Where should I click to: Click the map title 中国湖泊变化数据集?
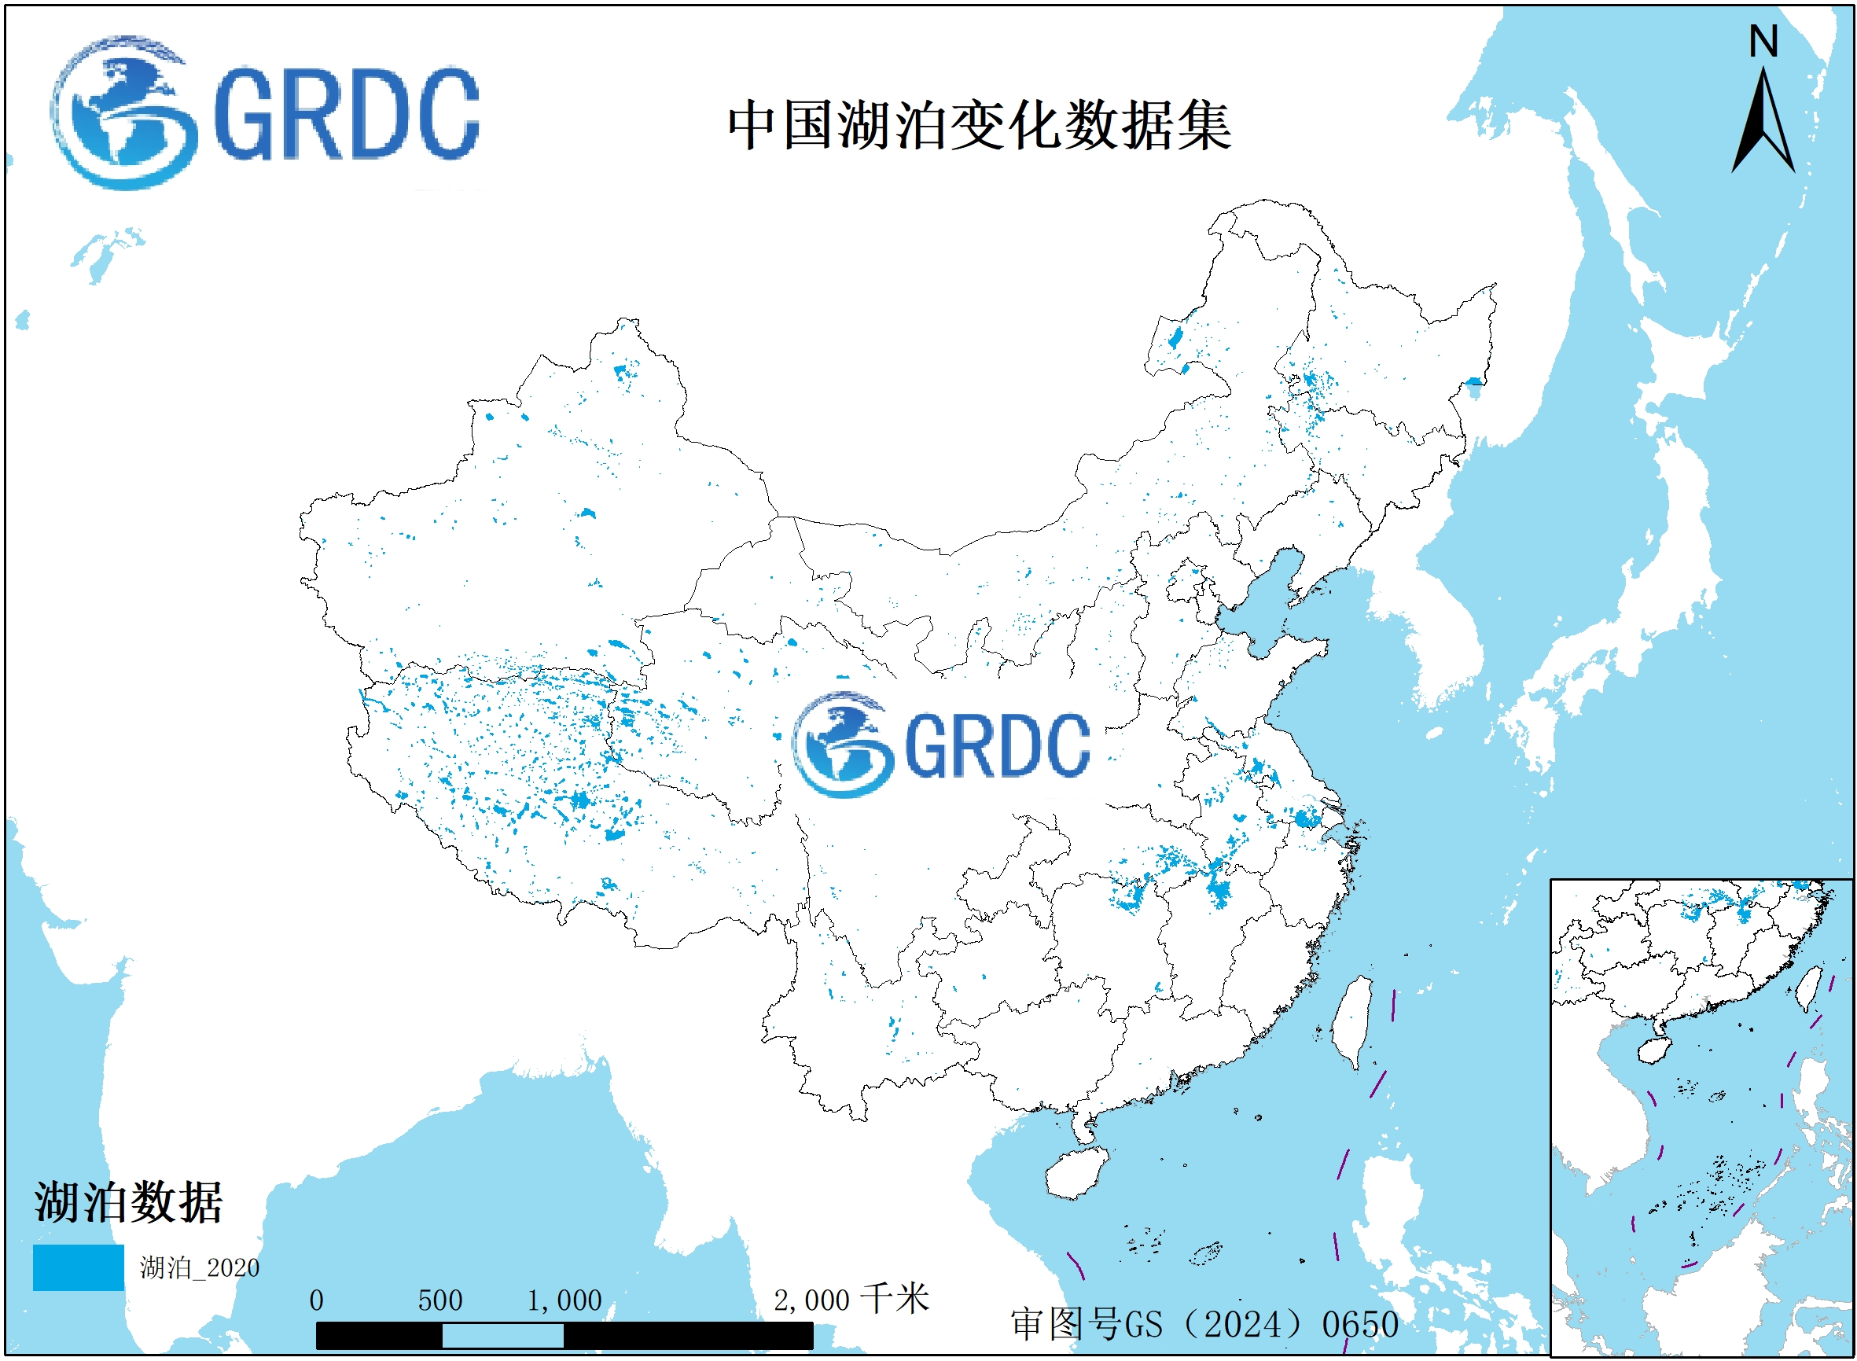979,125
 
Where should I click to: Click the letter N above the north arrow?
1763,41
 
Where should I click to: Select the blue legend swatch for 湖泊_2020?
79,1267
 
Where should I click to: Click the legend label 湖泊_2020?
200,1268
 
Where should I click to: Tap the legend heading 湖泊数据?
128,1203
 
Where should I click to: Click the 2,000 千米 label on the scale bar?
851,1300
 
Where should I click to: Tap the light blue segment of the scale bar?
502,1336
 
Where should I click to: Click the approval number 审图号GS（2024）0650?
1204,1325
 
